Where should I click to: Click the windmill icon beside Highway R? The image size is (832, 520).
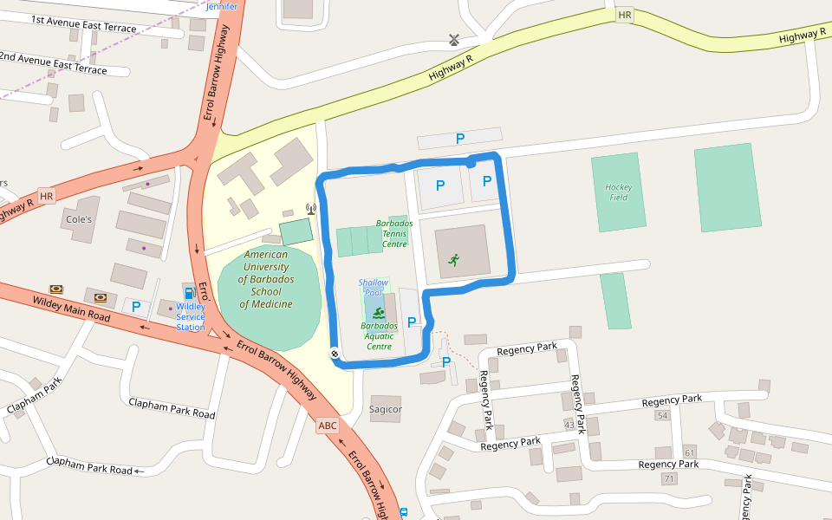pyautogui.click(x=452, y=39)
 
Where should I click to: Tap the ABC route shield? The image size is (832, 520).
pyautogui.click(x=328, y=426)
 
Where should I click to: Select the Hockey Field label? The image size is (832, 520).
pyautogui.click(x=619, y=192)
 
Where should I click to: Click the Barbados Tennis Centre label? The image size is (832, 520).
pyautogui.click(x=394, y=233)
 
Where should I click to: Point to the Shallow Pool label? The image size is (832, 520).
pyautogui.click(x=374, y=288)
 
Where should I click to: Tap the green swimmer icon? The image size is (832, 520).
pyautogui.click(x=379, y=312)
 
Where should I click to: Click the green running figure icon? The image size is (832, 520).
pyautogui.click(x=453, y=259)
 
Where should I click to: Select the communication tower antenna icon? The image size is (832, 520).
pyautogui.click(x=311, y=209)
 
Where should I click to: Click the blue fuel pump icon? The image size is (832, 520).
pyautogui.click(x=189, y=292)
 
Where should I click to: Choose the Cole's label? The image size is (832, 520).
pyautogui.click(x=79, y=219)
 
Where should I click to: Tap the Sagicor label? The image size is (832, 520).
pyautogui.click(x=386, y=409)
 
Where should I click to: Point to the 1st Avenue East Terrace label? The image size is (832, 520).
pyautogui.click(x=84, y=23)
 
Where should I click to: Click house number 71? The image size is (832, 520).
pyautogui.click(x=669, y=479)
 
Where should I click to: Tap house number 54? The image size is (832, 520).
pyautogui.click(x=663, y=416)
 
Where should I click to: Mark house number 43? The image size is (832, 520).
pyautogui.click(x=569, y=425)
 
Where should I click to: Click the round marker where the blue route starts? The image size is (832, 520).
pyautogui.click(x=335, y=354)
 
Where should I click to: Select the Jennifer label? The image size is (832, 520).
pyautogui.click(x=221, y=6)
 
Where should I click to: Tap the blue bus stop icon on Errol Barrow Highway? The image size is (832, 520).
pyautogui.click(x=404, y=512)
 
